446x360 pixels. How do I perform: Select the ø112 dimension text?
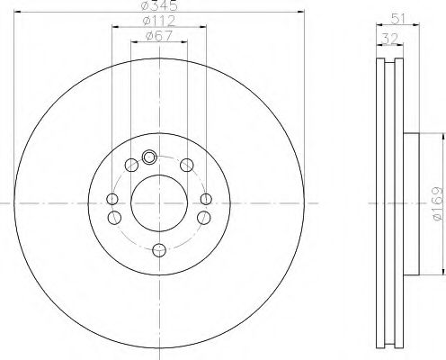coord(159,22)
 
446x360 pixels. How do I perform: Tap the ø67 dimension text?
coord(159,37)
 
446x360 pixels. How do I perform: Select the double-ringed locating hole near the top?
coord(148,155)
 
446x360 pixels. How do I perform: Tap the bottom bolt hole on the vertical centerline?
coord(158,251)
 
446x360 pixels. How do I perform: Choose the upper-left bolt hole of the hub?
coord(131,164)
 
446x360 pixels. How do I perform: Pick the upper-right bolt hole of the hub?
coord(186,164)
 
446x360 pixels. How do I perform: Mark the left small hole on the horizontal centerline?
coord(111,200)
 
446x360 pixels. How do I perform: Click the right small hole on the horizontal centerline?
coord(206,200)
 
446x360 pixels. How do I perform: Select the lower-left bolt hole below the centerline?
coord(113,217)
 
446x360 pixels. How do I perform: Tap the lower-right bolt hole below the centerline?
coord(203,217)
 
